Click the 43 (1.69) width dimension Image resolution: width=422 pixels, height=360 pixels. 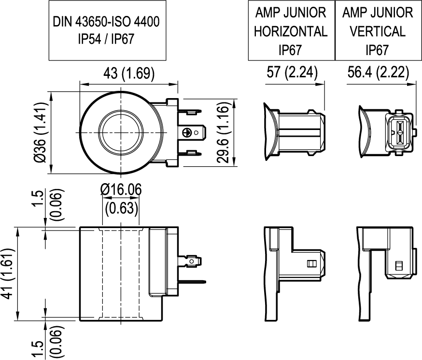click(129, 73)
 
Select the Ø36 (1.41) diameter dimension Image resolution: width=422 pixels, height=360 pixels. click(41, 132)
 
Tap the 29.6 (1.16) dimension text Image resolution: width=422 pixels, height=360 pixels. click(223, 132)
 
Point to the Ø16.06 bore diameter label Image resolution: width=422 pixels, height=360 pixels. click(121, 189)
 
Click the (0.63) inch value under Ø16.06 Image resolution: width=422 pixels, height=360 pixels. click(122, 208)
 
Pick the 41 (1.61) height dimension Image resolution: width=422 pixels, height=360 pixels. click(8, 274)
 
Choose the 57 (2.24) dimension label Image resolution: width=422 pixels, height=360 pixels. click(292, 72)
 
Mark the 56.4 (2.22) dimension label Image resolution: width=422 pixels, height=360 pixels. click(378, 72)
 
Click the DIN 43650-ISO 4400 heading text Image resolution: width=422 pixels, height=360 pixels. click(106, 22)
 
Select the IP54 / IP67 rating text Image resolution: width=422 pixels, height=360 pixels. click(106, 39)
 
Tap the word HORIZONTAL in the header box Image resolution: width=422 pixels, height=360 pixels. click(291, 31)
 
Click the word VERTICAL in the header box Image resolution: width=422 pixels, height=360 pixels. click(378, 31)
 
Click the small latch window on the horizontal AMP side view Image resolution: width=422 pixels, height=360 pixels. click(311, 263)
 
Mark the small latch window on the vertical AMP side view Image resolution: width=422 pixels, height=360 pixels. click(399, 266)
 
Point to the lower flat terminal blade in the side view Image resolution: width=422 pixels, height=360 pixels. click(191, 282)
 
